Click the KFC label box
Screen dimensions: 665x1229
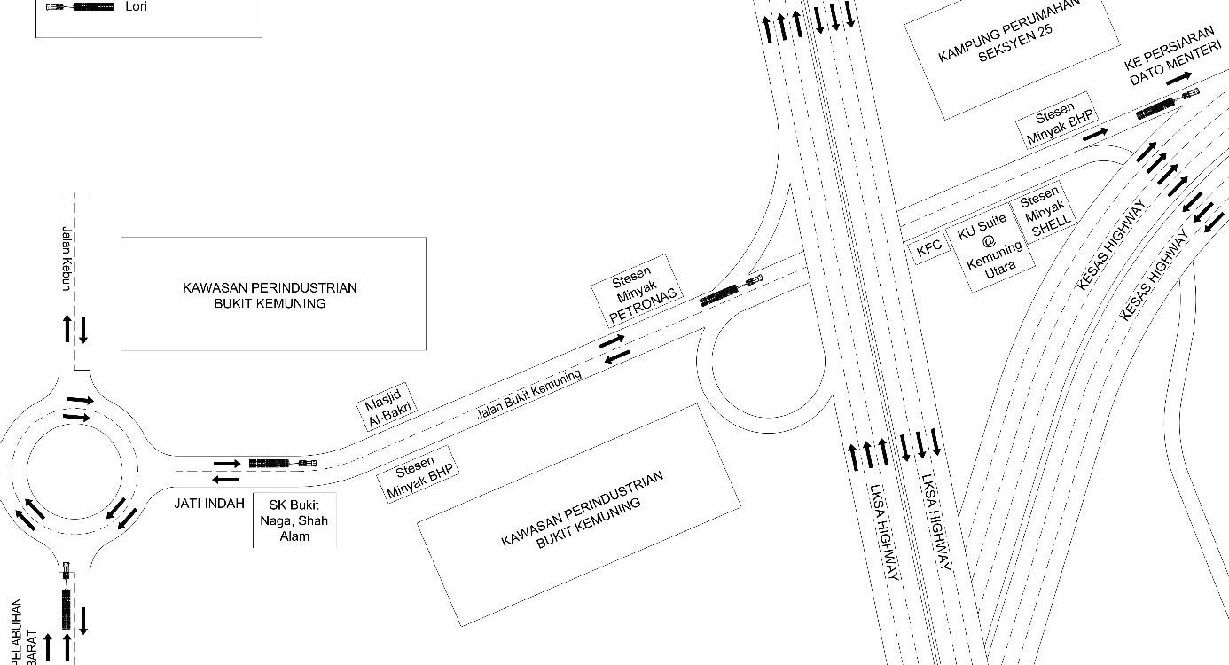tap(929, 250)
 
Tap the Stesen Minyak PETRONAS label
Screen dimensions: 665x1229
tap(638, 289)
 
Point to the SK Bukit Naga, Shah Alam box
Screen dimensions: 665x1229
tap(294, 520)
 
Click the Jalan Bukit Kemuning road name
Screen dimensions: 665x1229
tap(528, 395)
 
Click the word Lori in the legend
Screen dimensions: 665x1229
tap(137, 6)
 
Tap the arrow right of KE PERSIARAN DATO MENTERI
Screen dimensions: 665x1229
tap(1178, 78)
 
